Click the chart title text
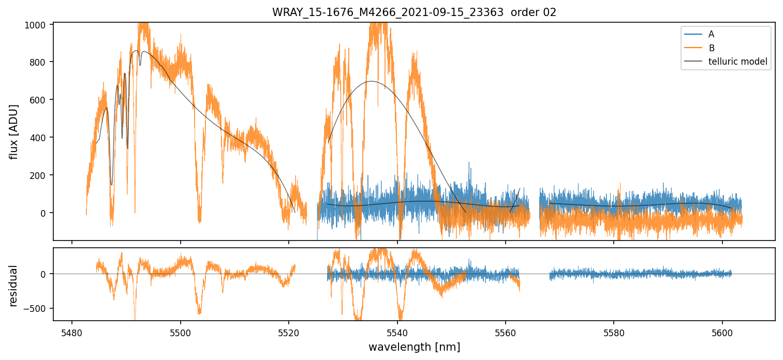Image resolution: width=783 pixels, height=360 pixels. pyautogui.click(x=414, y=12)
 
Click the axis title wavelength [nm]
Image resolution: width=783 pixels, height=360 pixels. pyautogui.click(x=414, y=347)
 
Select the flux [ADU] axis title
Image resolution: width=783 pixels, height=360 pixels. pyautogui.click(x=14, y=131)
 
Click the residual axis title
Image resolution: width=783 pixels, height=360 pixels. pyautogui.click(x=14, y=285)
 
